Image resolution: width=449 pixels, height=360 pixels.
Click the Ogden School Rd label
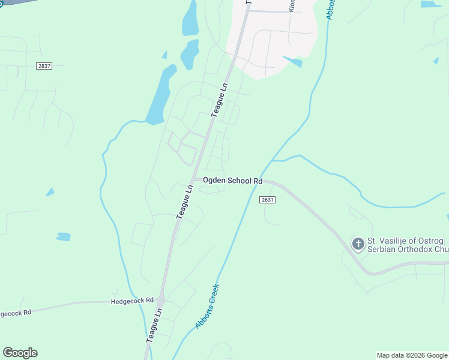pyautogui.click(x=233, y=181)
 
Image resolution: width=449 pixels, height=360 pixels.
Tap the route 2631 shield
pyautogui.click(x=268, y=200)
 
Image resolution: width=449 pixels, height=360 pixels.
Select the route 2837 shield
pyautogui.click(x=44, y=66)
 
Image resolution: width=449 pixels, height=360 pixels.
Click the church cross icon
pyautogui.click(x=358, y=244)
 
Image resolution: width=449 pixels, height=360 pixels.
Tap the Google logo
pyautogui.click(x=20, y=353)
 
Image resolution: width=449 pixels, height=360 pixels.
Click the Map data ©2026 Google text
pyautogui.click(x=411, y=355)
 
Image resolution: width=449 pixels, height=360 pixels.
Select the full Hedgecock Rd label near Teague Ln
pyautogui.click(x=133, y=300)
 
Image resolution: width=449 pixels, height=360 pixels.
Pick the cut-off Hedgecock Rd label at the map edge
pyautogui.click(x=16, y=313)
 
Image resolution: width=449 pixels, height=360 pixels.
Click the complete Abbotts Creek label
pyautogui.click(x=208, y=306)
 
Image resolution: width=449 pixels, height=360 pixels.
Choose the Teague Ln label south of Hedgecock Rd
pyautogui.click(x=154, y=326)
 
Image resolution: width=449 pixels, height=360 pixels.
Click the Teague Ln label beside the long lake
pyautogui.click(x=220, y=100)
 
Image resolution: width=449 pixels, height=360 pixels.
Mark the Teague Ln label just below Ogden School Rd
pyautogui.click(x=184, y=201)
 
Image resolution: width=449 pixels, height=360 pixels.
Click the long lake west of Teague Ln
pyautogui.click(x=159, y=96)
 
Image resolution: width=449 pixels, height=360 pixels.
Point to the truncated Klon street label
pyautogui.click(x=292, y=6)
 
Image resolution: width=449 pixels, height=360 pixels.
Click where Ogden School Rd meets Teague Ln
pyautogui.click(x=194, y=179)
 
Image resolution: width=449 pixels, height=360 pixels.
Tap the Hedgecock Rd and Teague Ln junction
pyautogui.click(x=161, y=299)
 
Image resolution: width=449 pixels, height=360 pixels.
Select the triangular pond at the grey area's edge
pyautogui.click(x=294, y=61)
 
